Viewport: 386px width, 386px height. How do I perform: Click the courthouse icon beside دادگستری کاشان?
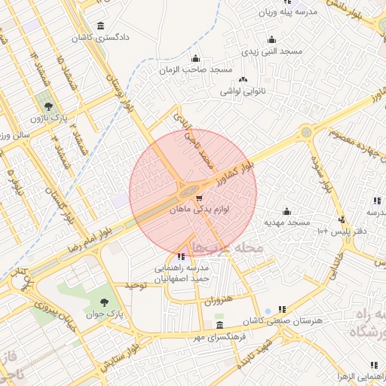[x=101, y=26]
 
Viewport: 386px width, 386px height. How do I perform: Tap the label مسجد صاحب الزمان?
[x=195, y=69]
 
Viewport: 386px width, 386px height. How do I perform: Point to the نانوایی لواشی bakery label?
[x=244, y=90]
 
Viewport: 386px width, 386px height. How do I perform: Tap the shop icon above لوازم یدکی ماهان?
[x=199, y=199]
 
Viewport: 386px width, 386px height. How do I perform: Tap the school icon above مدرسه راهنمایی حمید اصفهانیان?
[x=179, y=258]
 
